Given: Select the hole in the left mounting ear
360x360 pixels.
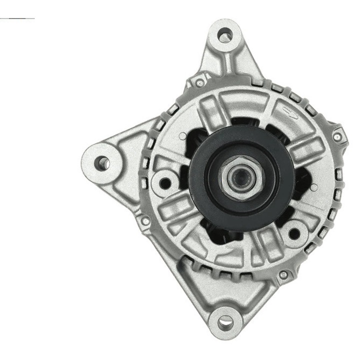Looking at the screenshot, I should [x=102, y=161].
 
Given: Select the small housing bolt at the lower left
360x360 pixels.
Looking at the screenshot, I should [x=145, y=220].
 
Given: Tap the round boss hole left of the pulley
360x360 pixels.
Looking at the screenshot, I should [x=164, y=178].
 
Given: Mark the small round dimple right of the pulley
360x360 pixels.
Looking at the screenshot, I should [x=313, y=188].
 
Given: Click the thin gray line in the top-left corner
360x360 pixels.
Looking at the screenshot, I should [x=17, y=18].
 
